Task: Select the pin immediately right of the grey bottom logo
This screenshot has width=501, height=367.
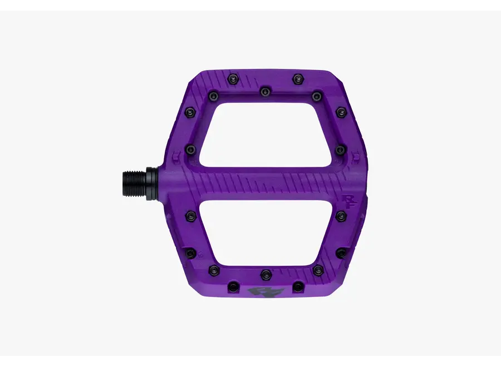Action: click(x=298, y=286)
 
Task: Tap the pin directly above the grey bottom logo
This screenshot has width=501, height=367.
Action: click(x=266, y=274)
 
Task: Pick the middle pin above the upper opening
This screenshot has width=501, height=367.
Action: click(x=266, y=90)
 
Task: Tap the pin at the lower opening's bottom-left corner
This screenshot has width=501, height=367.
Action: click(x=213, y=270)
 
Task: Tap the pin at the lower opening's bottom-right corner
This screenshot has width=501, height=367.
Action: click(x=318, y=270)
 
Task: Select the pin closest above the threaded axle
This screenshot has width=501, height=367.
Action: click(x=190, y=148)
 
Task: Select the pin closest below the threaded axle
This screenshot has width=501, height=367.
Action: click(x=190, y=215)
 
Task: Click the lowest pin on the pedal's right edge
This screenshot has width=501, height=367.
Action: click(x=341, y=253)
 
